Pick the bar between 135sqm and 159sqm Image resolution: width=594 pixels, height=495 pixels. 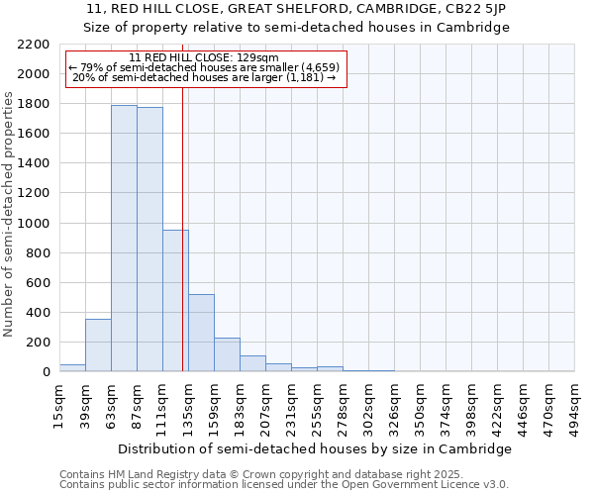pos(201,333)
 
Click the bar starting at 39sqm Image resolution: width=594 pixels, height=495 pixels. pos(98,346)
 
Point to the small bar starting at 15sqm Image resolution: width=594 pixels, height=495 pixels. pos(72,368)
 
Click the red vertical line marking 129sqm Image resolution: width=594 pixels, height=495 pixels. pos(183,247)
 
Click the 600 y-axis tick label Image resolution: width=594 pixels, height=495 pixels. pos(38,283)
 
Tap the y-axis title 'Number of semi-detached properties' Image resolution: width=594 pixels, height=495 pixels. pos(9,214)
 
